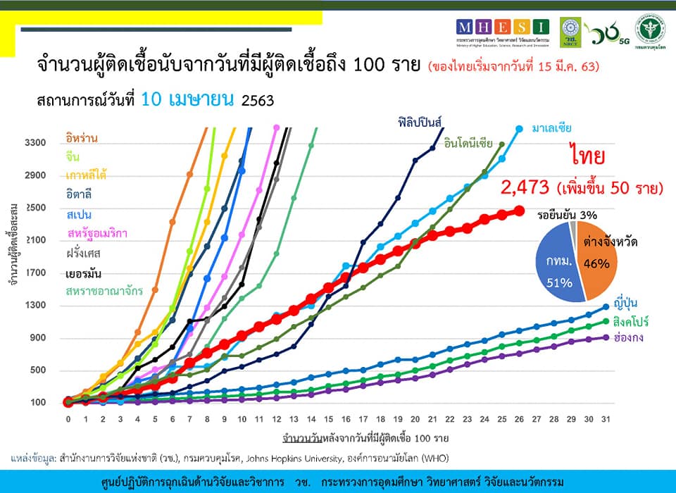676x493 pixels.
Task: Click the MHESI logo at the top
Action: pyautogui.click(x=502, y=27)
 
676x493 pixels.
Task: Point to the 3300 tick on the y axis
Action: pyautogui.click(x=35, y=143)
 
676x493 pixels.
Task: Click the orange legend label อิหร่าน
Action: pyautogui.click(x=82, y=138)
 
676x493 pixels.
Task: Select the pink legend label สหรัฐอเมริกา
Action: pyautogui.click(x=97, y=233)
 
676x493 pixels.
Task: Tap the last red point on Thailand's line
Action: pyautogui.click(x=519, y=211)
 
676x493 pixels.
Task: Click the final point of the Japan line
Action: pyautogui.click(x=606, y=307)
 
